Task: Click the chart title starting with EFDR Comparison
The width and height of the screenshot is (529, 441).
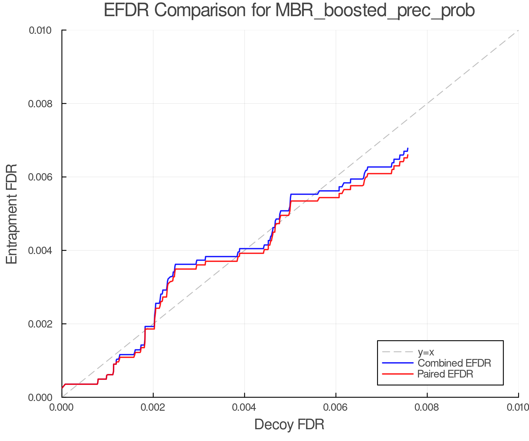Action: click(x=289, y=11)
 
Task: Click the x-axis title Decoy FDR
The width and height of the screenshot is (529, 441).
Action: click(x=289, y=424)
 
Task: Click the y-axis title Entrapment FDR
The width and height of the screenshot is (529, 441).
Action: click(x=12, y=214)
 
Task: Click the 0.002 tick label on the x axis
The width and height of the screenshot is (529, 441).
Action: click(x=153, y=407)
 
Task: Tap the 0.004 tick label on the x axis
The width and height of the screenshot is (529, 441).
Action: click(x=245, y=407)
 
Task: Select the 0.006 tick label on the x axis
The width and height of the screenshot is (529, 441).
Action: click(x=336, y=407)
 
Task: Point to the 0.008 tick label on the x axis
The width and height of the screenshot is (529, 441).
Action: click(x=427, y=407)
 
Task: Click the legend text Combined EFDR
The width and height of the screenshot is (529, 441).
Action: click(x=454, y=363)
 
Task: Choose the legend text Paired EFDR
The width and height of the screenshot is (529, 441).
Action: click(x=445, y=374)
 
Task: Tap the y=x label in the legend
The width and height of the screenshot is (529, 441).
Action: click(x=426, y=352)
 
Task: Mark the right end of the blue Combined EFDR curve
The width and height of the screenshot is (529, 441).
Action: click(x=408, y=148)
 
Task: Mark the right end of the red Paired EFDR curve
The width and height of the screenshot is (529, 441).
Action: click(x=408, y=155)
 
